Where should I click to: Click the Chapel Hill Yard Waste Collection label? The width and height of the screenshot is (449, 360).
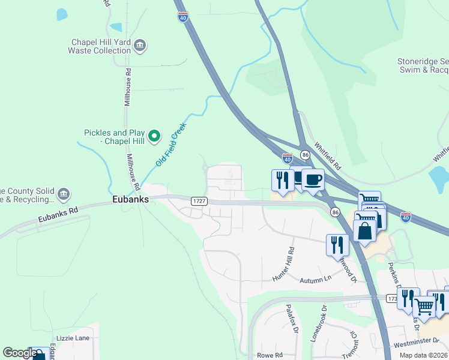(x=101, y=46)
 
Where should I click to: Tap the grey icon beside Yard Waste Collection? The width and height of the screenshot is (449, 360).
(x=140, y=46)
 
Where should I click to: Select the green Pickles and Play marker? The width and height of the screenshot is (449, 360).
(x=154, y=137)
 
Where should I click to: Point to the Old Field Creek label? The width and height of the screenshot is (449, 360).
(x=172, y=145)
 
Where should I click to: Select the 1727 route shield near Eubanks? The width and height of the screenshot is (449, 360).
(x=199, y=202)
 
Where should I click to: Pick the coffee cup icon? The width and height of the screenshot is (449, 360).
(x=312, y=179)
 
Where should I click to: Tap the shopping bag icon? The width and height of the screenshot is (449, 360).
(x=364, y=230)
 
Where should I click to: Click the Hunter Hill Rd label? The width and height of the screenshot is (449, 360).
(x=285, y=263)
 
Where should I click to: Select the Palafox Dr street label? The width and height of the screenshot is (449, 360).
(x=291, y=318)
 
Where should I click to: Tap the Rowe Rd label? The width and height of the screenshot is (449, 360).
(x=270, y=355)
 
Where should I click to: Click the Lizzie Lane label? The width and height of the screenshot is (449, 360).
(x=73, y=338)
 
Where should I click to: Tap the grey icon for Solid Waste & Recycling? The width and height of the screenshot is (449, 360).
(x=63, y=194)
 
